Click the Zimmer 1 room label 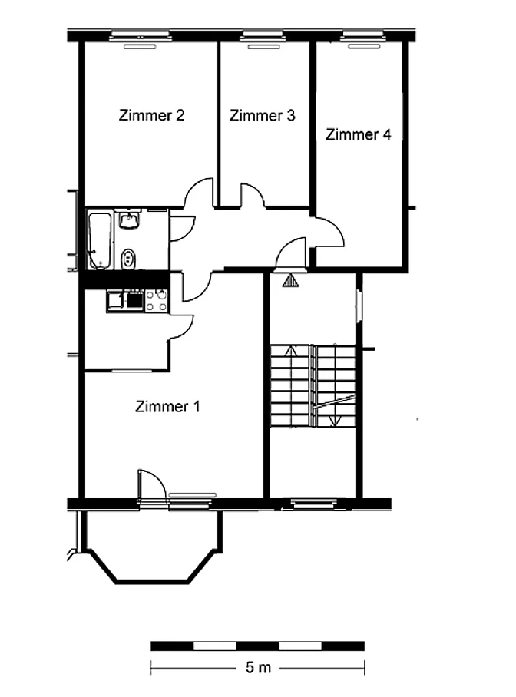(167, 406)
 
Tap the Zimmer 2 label (151, 116)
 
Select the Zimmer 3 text (262, 116)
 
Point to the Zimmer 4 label (358, 134)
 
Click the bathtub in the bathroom (100, 240)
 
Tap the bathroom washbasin (129, 220)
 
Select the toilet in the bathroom (128, 258)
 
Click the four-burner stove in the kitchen (157, 300)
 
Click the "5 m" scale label (258, 667)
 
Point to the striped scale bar (257, 646)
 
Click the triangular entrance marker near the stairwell (291, 280)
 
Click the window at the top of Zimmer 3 (263, 35)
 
